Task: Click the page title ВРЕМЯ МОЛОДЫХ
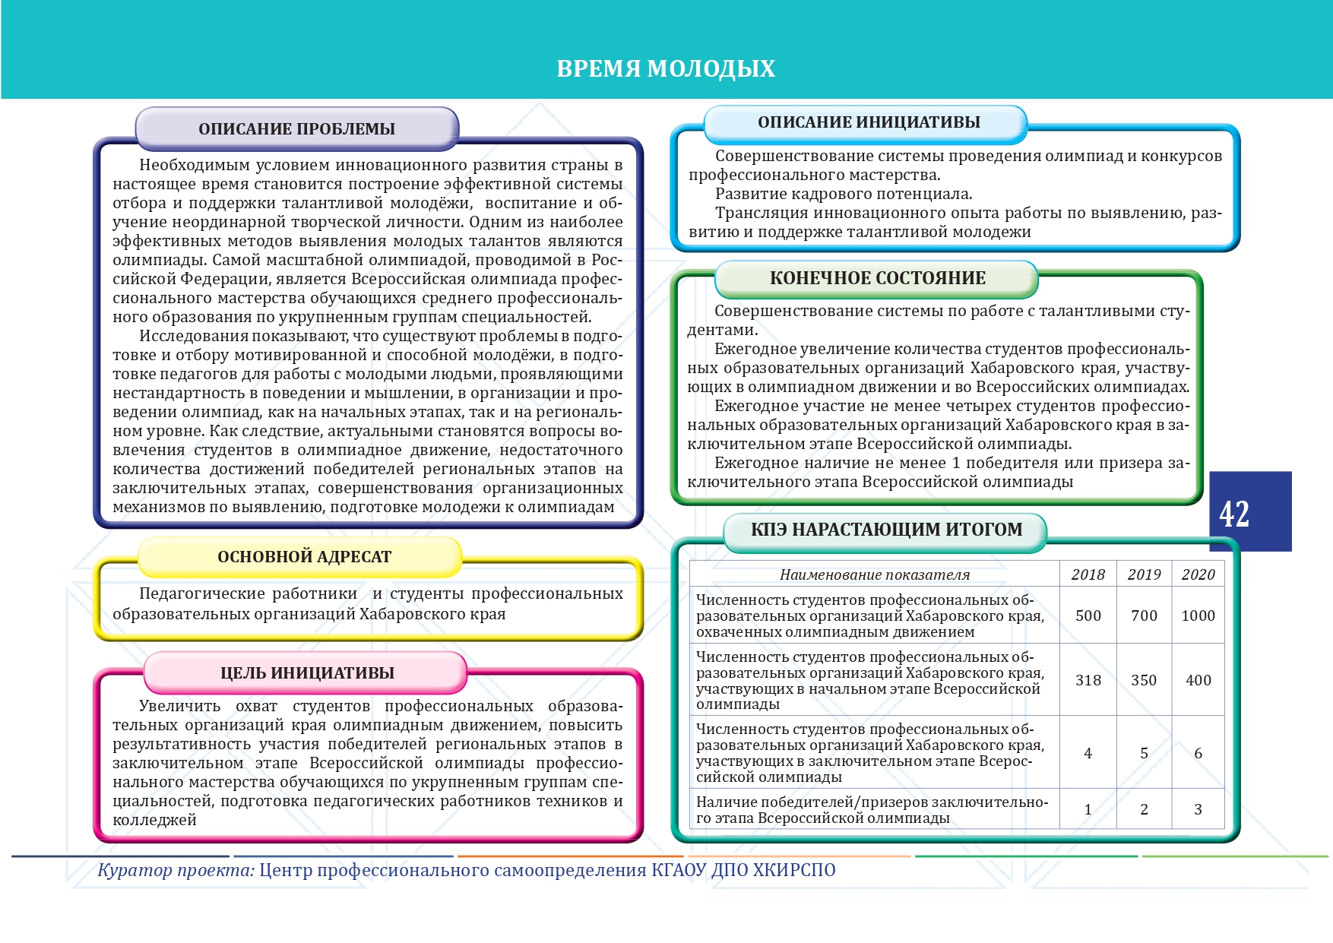(x=666, y=69)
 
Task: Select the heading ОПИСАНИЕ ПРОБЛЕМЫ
(x=296, y=129)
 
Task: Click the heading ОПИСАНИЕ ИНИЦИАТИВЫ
(x=869, y=122)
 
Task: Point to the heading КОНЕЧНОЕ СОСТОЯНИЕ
(x=877, y=278)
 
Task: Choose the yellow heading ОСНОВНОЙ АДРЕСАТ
(x=304, y=557)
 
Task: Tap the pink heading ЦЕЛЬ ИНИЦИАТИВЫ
(x=307, y=673)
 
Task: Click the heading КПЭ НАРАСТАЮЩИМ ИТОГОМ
(x=886, y=530)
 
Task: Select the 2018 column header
(x=1088, y=574)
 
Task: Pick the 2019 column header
(x=1144, y=574)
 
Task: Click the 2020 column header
(x=1198, y=574)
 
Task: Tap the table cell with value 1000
(x=1198, y=615)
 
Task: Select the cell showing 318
(x=1088, y=680)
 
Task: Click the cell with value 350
(x=1144, y=680)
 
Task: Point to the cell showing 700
(x=1144, y=615)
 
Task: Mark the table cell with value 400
(x=1198, y=680)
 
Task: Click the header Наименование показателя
(x=875, y=575)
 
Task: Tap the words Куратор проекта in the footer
(x=176, y=870)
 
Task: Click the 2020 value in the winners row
(x=1198, y=809)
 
